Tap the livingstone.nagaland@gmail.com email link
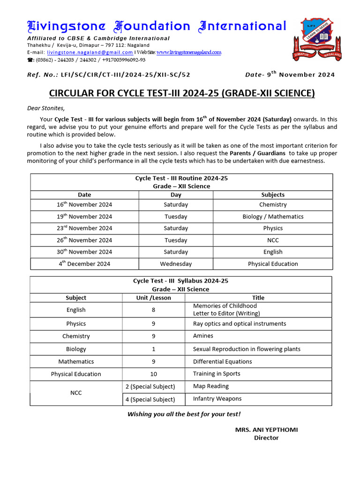(90, 52)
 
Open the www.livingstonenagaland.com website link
(188, 52)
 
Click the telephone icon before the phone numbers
(30, 60)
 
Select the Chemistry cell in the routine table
(273, 205)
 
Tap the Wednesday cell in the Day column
(176, 264)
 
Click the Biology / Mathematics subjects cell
(273, 217)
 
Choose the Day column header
(176, 195)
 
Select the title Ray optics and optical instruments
(239, 324)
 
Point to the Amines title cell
(203, 336)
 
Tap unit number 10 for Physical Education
(153, 374)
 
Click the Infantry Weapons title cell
(217, 399)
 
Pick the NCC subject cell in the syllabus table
(76, 393)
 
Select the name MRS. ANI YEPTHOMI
(266, 430)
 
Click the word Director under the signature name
(266, 438)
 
